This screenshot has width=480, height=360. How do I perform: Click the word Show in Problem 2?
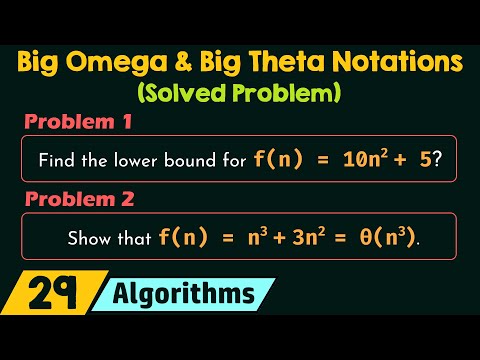point(87,239)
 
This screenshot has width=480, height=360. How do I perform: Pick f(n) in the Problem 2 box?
point(180,239)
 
